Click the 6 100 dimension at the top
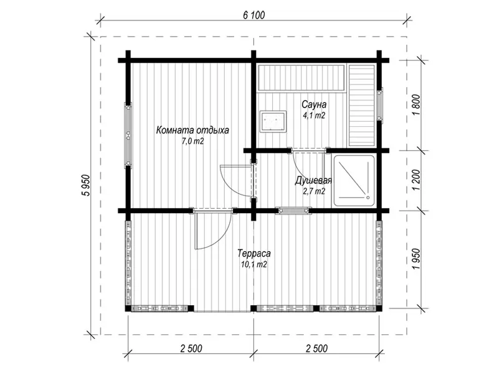[x=254, y=15]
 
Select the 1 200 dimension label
[x=417, y=180]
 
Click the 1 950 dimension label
[x=417, y=259]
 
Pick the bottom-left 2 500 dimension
[x=191, y=348]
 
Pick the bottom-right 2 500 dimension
[x=317, y=348]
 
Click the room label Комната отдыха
[x=192, y=130]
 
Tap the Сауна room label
[x=314, y=104]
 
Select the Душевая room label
[x=313, y=181]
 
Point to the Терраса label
[x=254, y=254]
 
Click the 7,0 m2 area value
[x=192, y=141]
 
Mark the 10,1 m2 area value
[x=254, y=264]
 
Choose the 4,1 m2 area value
[x=314, y=116]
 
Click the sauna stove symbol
[x=273, y=121]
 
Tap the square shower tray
[x=354, y=182]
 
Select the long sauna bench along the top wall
[x=301, y=78]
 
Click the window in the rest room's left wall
[x=128, y=135]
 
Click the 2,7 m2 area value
[x=314, y=191]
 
